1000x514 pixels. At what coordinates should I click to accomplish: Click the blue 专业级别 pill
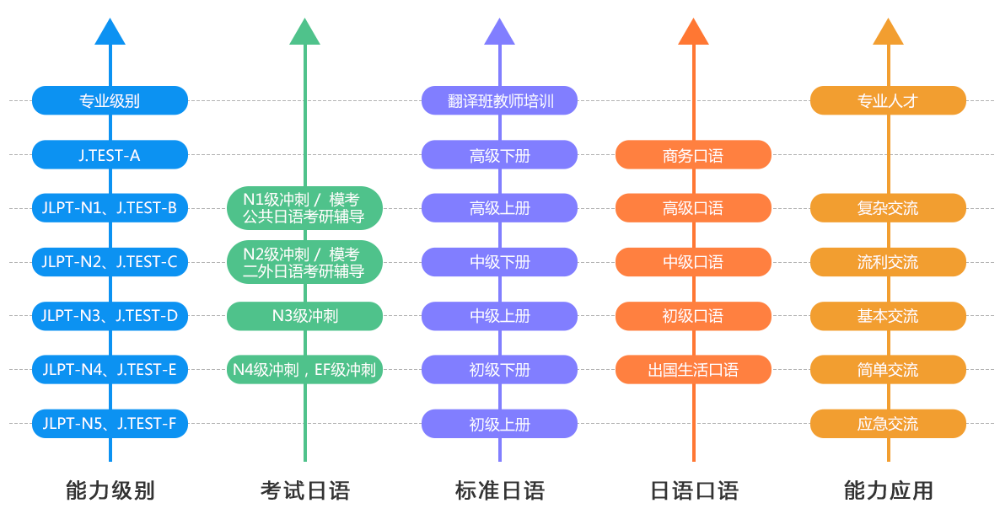coord(110,100)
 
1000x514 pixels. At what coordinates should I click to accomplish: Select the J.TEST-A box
coord(110,154)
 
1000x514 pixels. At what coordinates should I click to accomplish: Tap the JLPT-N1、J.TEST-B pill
coord(110,208)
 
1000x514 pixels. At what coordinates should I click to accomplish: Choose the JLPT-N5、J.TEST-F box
coord(110,424)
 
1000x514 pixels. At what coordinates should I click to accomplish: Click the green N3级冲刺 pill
coord(304,316)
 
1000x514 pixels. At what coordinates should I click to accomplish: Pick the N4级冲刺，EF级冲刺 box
coord(304,370)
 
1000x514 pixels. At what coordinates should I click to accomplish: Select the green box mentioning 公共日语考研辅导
coord(304,208)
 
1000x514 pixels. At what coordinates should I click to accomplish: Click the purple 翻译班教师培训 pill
coord(499,100)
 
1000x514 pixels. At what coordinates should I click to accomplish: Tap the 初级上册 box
coord(499,424)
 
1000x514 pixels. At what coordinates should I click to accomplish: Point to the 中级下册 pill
coord(499,262)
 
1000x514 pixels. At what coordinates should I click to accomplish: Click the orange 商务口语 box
coord(693,154)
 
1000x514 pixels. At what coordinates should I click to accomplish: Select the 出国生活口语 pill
coord(693,370)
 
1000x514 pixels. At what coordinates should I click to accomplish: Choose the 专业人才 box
coord(888,100)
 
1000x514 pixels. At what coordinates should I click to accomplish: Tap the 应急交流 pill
coord(888,424)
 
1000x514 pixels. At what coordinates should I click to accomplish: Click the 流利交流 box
coord(888,262)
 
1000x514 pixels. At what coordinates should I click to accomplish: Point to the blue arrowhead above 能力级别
coord(110,32)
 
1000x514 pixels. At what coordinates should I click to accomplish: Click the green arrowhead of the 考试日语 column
coord(304,32)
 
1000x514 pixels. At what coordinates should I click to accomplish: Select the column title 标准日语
coord(499,490)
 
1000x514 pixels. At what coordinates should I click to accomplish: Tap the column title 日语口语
coord(693,490)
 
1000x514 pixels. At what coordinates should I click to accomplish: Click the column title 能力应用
coord(888,490)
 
